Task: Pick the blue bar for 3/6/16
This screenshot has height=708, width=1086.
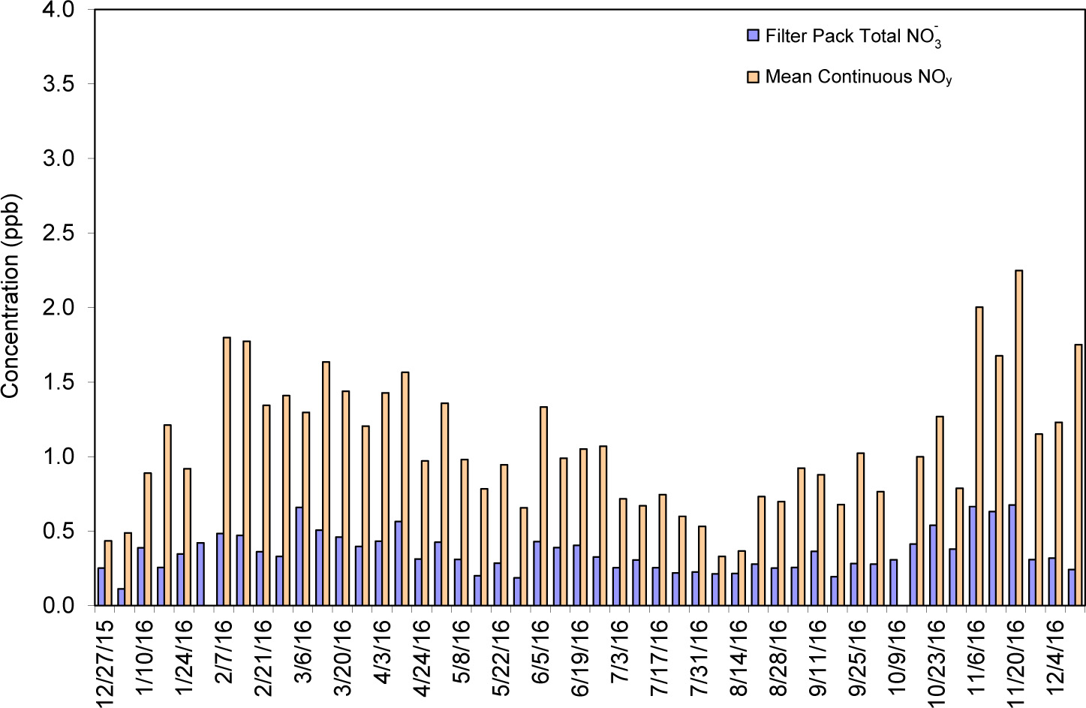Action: tap(299, 556)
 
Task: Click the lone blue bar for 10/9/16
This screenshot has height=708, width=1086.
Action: tap(893, 582)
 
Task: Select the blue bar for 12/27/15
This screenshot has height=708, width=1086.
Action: tap(101, 586)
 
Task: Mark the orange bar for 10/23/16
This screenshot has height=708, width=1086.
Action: tap(939, 511)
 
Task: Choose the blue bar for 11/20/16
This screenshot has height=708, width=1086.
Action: tap(1012, 555)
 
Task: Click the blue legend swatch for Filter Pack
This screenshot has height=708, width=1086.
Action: tap(753, 35)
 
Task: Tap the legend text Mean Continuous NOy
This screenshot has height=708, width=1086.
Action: tap(858, 77)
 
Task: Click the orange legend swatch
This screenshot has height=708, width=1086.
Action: tap(753, 77)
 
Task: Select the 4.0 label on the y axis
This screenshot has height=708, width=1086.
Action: tap(59, 10)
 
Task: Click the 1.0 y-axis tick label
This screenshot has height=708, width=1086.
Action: tap(59, 456)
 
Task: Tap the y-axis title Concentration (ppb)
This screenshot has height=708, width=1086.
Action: tap(10, 296)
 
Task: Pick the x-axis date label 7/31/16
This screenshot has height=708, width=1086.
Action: tap(699, 658)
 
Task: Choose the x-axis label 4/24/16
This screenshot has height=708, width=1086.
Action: tap(422, 658)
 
